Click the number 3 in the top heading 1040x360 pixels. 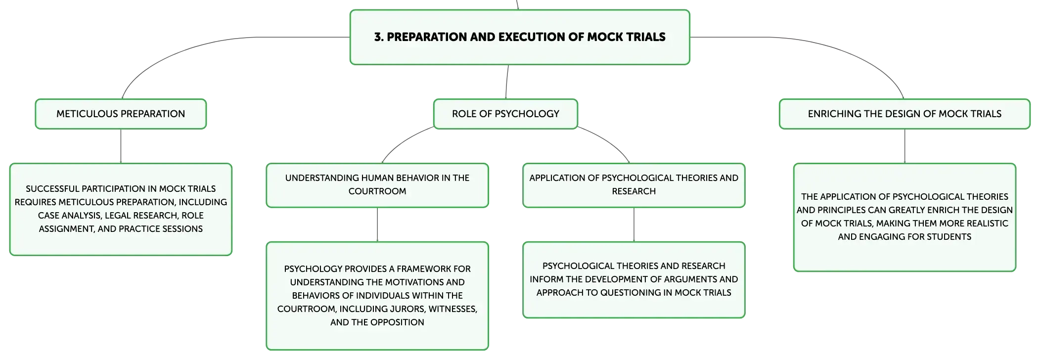coord(378,37)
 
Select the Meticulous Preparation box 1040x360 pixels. coord(121,114)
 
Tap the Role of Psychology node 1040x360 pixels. coord(505,114)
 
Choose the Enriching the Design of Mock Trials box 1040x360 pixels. coord(904,114)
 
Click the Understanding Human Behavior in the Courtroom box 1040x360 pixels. coord(377,185)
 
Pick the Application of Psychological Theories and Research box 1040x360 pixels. coord(634,185)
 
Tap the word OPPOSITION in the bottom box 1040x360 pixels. coord(397,322)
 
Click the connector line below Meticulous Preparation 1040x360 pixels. coord(121,146)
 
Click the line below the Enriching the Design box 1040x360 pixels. coord(904,146)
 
